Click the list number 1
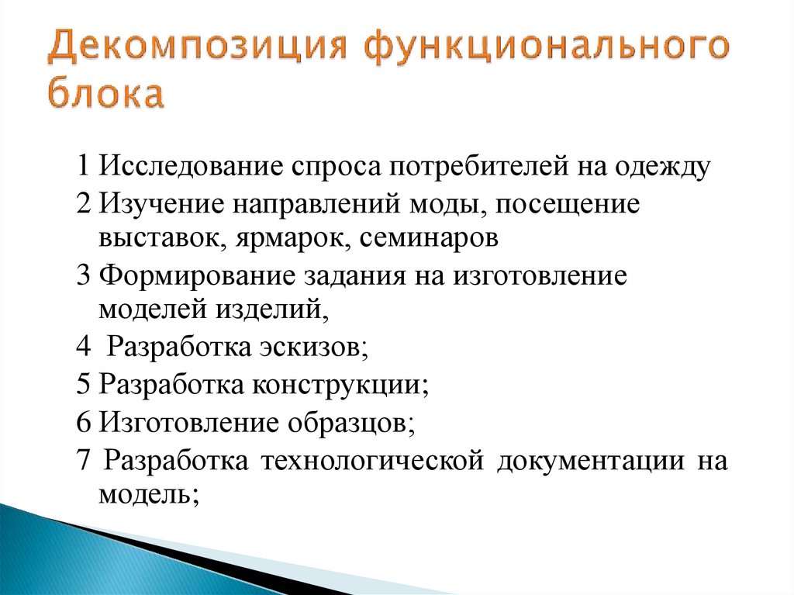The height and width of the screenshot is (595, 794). (x=84, y=167)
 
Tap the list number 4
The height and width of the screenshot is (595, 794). (x=84, y=347)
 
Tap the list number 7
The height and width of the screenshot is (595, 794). (x=84, y=461)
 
